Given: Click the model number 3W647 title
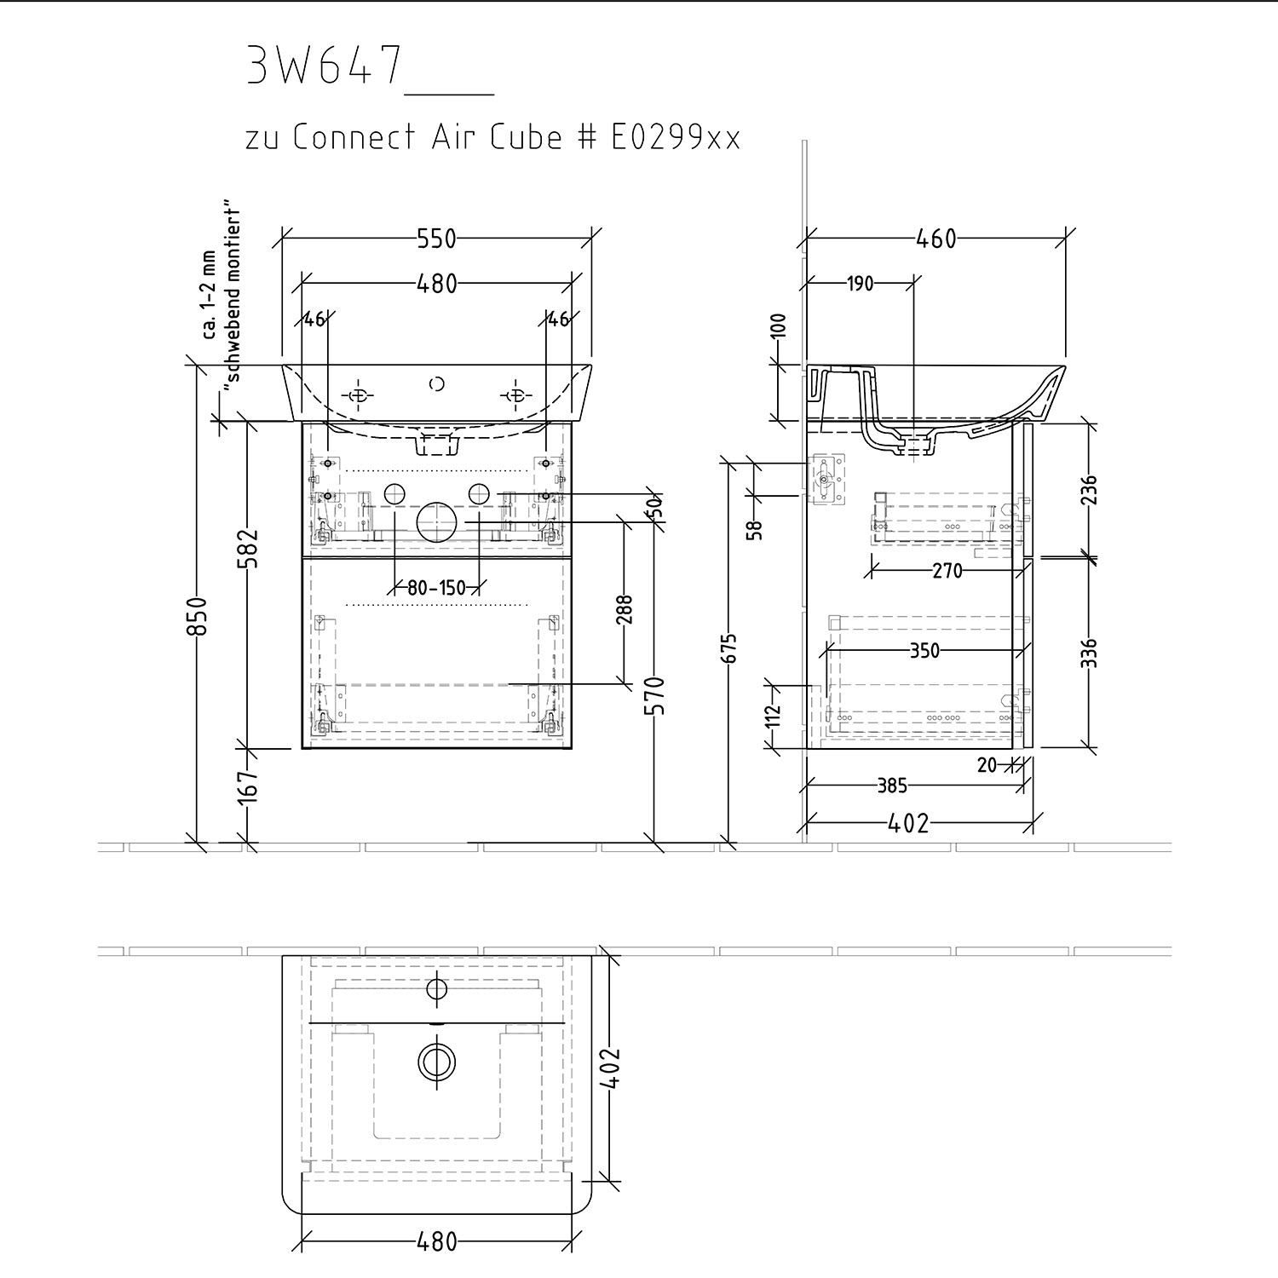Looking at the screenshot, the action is click(x=323, y=66).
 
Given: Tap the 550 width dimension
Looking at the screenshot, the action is click(x=437, y=239).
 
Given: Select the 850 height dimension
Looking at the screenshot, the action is click(x=197, y=615).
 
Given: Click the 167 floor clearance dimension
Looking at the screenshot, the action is click(x=248, y=787).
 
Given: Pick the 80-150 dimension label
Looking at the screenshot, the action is click(x=437, y=587).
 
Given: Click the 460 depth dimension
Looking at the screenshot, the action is click(x=936, y=239).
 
